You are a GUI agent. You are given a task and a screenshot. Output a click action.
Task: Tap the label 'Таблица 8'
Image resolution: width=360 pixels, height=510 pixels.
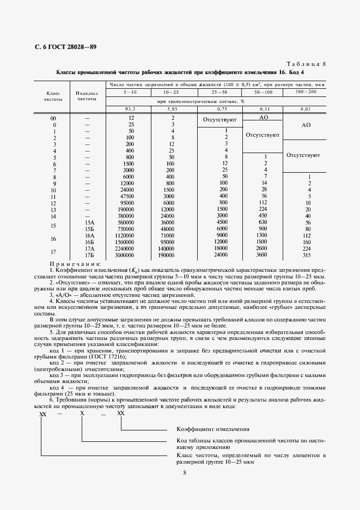click(306, 64)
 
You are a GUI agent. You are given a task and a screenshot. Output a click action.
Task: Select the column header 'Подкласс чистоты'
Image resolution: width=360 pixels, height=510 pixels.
click(87, 96)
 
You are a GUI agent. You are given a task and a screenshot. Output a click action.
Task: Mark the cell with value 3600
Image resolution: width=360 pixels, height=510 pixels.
click(262, 254)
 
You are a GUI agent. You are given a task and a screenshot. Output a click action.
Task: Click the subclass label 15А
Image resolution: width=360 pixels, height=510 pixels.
click(90, 222)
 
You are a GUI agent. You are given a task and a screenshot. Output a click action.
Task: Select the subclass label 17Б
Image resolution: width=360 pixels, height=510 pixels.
click(90, 254)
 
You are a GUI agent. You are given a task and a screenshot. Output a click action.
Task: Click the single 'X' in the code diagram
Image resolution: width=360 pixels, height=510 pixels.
click(82, 414)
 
